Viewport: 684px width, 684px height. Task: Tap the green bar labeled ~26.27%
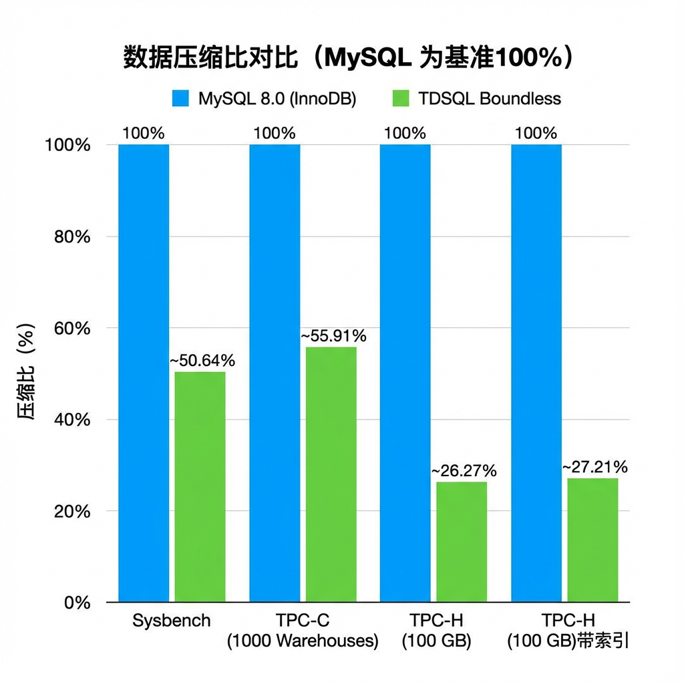pyautogui.click(x=462, y=542)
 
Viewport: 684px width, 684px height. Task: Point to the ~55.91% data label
pyautogui.click(x=333, y=336)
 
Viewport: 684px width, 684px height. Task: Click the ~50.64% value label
pyautogui.click(x=202, y=361)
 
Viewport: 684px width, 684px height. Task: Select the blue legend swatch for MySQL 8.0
pyautogui.click(x=181, y=99)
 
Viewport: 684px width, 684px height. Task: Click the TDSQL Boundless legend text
pyautogui.click(x=490, y=99)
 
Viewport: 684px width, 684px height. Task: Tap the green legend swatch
pyautogui.click(x=400, y=99)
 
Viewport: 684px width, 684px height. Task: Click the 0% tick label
pyautogui.click(x=77, y=603)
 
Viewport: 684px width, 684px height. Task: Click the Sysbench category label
pyautogui.click(x=172, y=621)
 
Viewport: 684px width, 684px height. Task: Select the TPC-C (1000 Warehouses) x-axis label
pyautogui.click(x=303, y=631)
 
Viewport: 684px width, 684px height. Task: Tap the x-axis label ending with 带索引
pyautogui.click(x=568, y=631)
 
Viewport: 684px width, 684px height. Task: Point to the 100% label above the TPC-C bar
pyautogui.click(x=275, y=133)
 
